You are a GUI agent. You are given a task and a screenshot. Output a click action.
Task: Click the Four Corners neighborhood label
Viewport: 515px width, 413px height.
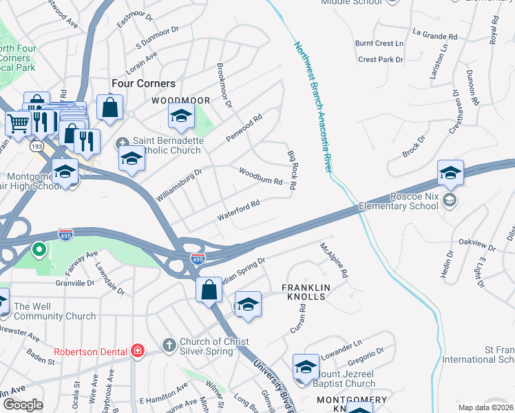click(144, 83)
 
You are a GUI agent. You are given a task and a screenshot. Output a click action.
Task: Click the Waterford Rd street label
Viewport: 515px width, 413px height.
click(238, 210)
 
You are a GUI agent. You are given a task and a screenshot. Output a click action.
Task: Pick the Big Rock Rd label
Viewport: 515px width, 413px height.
click(291, 169)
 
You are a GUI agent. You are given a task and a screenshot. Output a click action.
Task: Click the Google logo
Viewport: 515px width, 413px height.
click(23, 405)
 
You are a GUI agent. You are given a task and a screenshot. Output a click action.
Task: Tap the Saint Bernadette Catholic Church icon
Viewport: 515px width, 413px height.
click(123, 141)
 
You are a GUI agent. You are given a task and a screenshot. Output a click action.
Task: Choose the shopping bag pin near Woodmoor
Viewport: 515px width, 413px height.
click(110, 107)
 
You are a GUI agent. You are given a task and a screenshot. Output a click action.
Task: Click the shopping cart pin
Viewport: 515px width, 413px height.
click(17, 123)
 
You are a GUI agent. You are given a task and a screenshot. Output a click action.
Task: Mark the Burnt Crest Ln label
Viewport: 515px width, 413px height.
click(379, 43)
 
